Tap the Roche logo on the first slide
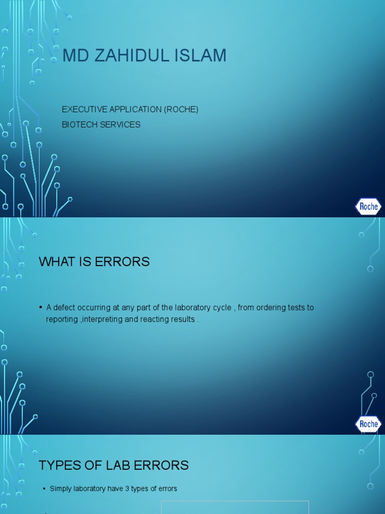pos(368,206)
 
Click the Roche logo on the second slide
pos(368,424)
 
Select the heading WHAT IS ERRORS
pos(94,262)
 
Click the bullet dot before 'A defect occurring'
pos(41,307)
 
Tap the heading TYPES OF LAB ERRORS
pos(114,465)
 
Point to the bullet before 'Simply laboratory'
pos(44,488)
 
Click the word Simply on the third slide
pos(61,488)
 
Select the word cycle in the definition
pos(223,307)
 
